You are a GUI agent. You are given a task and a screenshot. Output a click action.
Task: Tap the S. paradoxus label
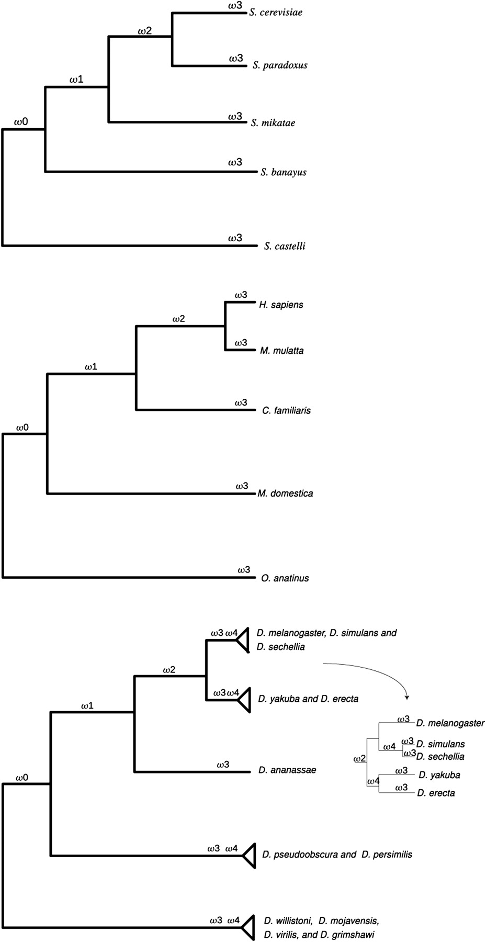279,65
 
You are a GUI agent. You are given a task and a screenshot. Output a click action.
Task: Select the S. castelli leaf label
285,246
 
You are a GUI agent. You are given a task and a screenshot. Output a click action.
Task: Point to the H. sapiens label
281,305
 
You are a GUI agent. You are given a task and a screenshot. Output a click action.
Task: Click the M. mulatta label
281,351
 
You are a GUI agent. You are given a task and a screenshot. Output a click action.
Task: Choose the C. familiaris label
286,410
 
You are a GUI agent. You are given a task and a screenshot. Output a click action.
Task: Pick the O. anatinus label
285,578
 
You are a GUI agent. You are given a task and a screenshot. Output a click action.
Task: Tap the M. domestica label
285,493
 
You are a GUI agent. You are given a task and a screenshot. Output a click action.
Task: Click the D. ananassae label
287,770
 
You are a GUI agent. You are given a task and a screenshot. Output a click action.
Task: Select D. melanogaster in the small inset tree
450,723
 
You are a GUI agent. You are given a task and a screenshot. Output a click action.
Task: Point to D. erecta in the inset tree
436,793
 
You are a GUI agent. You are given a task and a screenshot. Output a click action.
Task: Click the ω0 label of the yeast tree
21,122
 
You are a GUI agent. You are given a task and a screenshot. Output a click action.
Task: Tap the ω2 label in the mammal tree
178,319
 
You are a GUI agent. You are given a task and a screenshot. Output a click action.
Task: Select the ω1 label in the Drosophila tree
87,705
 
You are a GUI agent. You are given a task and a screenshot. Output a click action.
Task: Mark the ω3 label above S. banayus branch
235,163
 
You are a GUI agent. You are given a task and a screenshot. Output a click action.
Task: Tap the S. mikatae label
273,123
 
